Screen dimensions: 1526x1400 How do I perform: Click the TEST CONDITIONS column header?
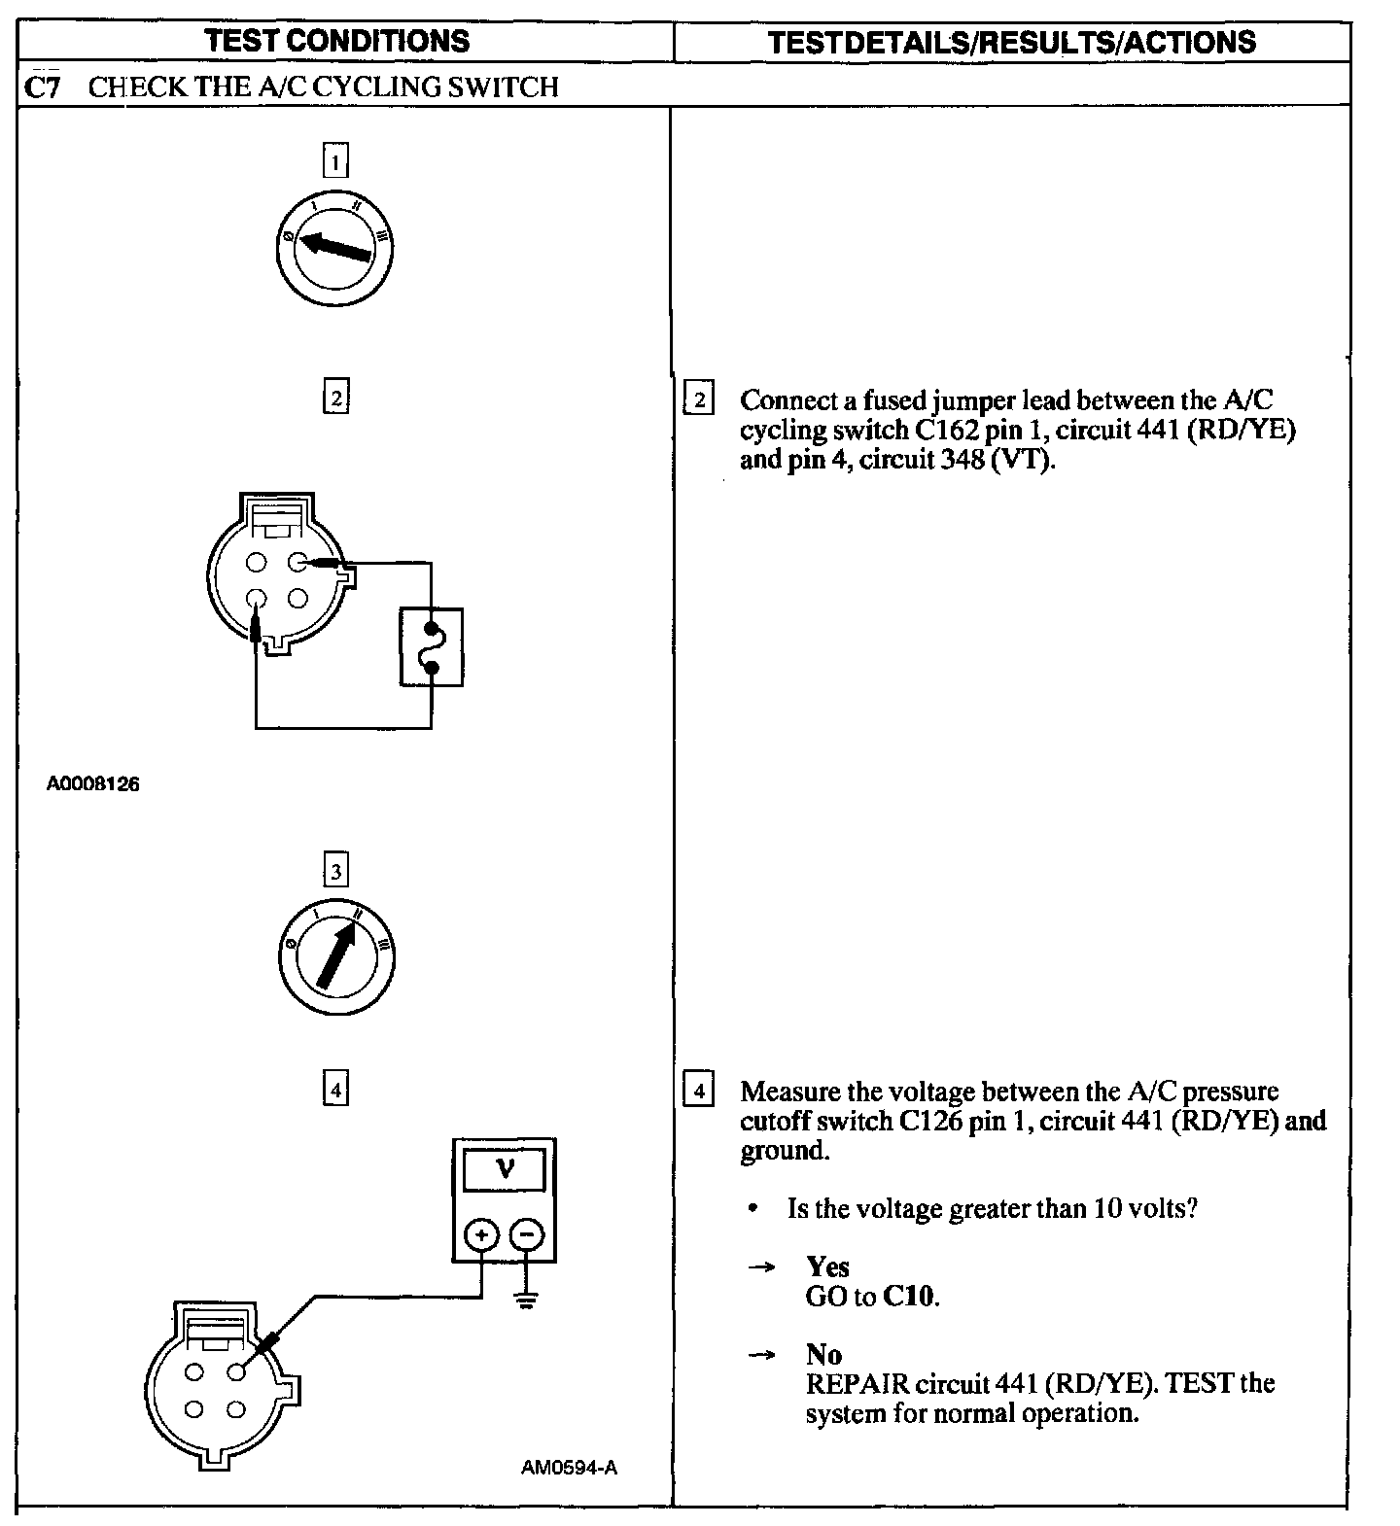click(x=337, y=41)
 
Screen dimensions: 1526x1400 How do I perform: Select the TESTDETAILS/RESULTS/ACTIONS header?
click(x=1011, y=42)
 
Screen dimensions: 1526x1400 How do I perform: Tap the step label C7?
click(x=43, y=87)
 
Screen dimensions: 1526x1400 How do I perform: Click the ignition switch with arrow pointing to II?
click(x=336, y=955)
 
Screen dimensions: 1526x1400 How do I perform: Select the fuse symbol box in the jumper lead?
click(x=432, y=647)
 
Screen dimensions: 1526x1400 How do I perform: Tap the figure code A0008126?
click(x=93, y=783)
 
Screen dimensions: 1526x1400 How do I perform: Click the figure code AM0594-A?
click(x=569, y=1468)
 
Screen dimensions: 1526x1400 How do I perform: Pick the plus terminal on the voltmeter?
click(x=481, y=1235)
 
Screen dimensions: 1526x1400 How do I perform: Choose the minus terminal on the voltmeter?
click(x=527, y=1235)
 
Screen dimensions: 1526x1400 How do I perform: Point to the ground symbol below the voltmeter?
click(x=527, y=1301)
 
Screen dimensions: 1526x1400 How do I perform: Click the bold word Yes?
click(x=827, y=1266)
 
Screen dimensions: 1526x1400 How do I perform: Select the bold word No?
click(x=823, y=1354)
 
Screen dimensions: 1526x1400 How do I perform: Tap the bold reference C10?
click(x=910, y=1296)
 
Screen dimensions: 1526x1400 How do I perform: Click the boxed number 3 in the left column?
click(x=335, y=871)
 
